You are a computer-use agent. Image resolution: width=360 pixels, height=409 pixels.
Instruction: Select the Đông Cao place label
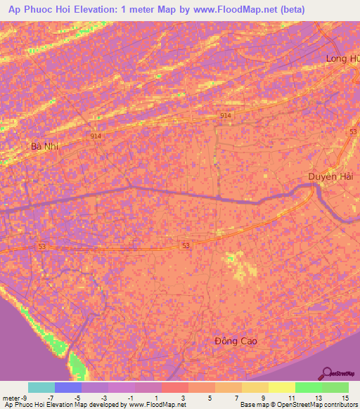click(236, 341)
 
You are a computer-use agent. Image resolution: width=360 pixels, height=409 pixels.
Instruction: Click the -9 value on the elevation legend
click(19, 397)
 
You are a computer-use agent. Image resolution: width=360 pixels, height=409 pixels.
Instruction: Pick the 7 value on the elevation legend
click(236, 397)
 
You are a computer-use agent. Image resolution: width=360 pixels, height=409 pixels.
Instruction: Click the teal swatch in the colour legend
click(41, 387)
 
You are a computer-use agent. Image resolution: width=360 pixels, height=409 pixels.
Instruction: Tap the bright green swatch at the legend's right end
click(335, 387)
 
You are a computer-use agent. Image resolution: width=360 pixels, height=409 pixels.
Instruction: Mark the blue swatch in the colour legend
click(68, 387)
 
